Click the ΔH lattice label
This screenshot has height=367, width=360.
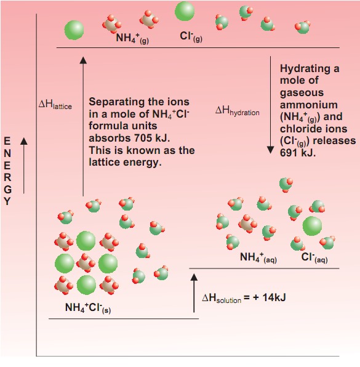click(55, 105)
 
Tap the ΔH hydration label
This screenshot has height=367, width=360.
click(237, 111)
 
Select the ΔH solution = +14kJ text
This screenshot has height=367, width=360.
click(244, 298)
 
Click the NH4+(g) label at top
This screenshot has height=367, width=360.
click(132, 38)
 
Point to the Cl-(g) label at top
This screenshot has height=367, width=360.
click(191, 37)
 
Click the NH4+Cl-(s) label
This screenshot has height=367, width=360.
click(88, 308)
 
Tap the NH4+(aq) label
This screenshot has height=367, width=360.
click(258, 257)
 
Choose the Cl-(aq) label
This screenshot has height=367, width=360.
click(314, 257)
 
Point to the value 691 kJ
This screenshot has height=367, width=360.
click(298, 153)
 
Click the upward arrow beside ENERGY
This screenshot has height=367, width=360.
click(23, 166)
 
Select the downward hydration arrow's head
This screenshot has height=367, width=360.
click(270, 150)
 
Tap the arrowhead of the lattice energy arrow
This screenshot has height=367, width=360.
click(83, 60)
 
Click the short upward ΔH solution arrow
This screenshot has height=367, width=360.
click(194, 293)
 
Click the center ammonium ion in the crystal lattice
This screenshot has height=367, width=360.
click(86, 264)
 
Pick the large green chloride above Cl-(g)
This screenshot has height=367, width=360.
click(185, 11)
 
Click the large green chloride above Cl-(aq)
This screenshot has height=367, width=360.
click(312, 226)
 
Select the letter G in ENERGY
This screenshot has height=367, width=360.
click(8, 190)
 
